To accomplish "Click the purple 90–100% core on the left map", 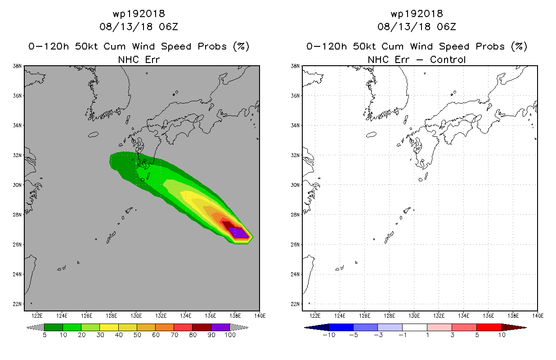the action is pos(238,233).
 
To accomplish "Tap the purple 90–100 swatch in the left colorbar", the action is pos(221,327).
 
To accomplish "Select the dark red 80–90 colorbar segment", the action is pos(202,327).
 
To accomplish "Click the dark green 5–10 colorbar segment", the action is pos(54,327).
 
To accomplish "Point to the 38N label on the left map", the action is pos(17,66).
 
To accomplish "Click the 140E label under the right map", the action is pos(538,315).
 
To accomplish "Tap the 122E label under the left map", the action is pos(37,315).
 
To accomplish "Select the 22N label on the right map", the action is pos(295,304).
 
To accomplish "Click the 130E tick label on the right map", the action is pos(414,315).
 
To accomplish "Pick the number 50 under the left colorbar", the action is pos(137,335).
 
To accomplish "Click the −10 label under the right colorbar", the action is pos(329,335).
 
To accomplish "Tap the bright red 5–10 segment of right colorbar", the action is pos(489,327).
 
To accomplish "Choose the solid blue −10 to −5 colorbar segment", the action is pos(341,327).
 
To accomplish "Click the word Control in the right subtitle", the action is pos(448,59).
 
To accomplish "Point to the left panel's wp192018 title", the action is pos(139,13).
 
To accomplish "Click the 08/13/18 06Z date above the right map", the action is pos(417,27).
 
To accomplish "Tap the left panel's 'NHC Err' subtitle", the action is pos(139,59).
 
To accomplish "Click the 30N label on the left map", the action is pos(17,184).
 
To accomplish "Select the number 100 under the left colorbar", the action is pos(230,335).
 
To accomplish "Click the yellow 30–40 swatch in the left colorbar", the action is pos(109,327).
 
